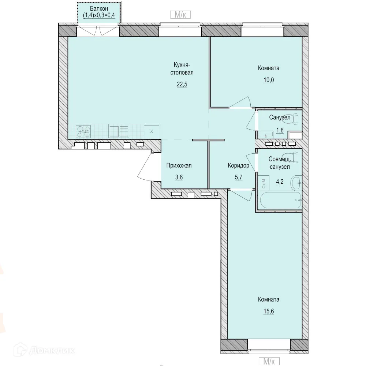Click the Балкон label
coord(99,9)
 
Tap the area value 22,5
coord(182,84)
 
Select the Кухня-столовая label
coord(182,68)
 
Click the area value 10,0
coord(269,80)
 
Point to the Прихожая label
coord(179,165)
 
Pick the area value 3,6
coord(179,177)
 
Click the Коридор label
coord(239,165)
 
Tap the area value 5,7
coord(239,177)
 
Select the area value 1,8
coord(280,130)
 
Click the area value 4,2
coord(280,182)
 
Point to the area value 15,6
coord(269,311)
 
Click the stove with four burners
coord(83,131)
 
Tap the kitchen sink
coord(119,131)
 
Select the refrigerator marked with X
coord(152,131)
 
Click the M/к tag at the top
coord(180,15)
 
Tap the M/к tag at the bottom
coord(269,361)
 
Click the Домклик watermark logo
coord(44,350)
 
